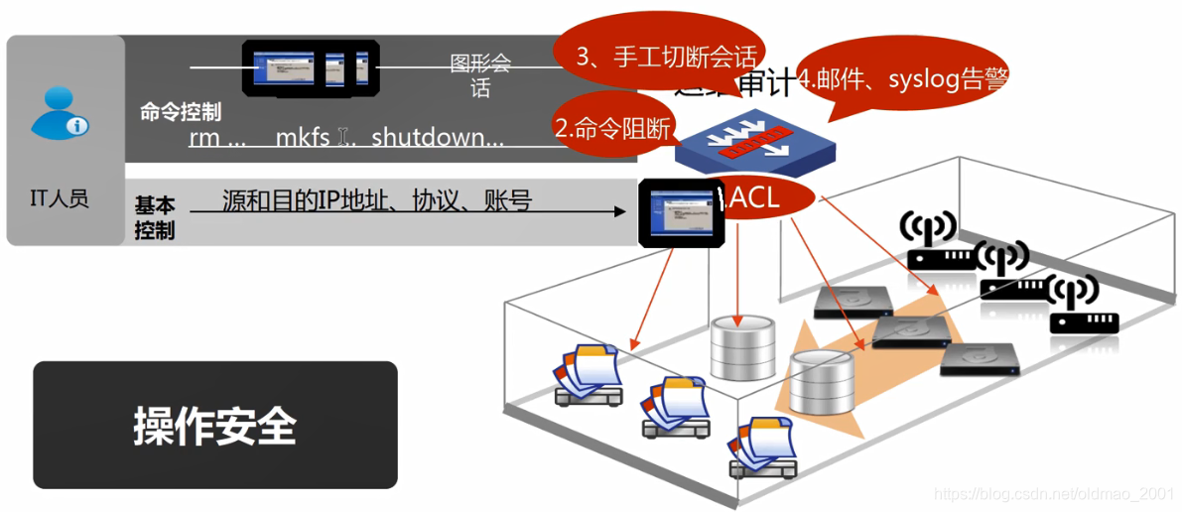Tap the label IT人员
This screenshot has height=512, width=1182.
point(60,198)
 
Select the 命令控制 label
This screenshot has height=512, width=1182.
point(180,111)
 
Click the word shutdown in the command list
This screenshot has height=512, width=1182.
point(438,138)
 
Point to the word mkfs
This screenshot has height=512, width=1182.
point(303,138)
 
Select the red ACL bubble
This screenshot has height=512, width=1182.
point(754,198)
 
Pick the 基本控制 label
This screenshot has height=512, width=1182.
point(155,218)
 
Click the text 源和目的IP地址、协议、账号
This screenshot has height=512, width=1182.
point(377,202)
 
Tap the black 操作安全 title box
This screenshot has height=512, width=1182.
point(215,425)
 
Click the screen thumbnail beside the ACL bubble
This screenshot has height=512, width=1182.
point(681,212)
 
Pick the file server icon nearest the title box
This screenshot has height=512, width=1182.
point(588,374)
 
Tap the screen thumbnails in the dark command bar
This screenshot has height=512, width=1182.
point(311,68)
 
